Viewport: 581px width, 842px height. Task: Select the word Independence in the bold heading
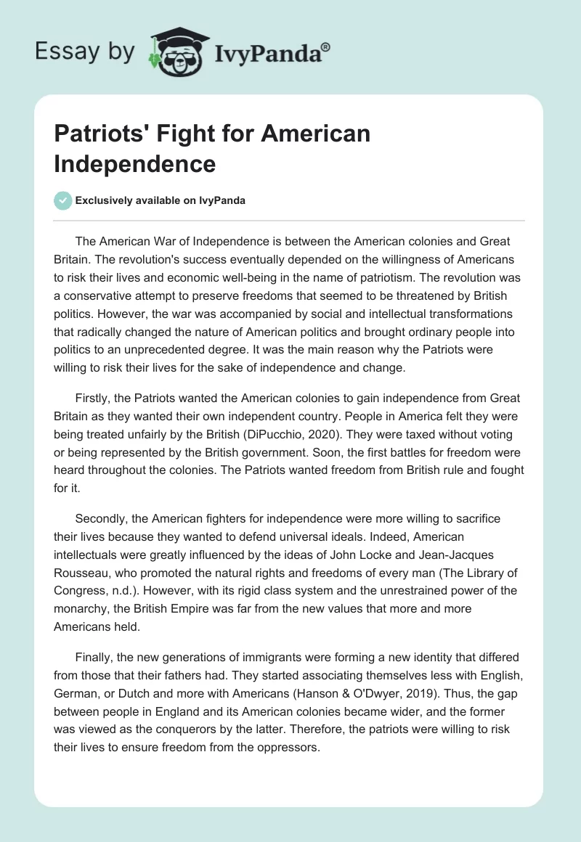tap(135, 163)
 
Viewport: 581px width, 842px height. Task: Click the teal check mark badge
tap(62, 200)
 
